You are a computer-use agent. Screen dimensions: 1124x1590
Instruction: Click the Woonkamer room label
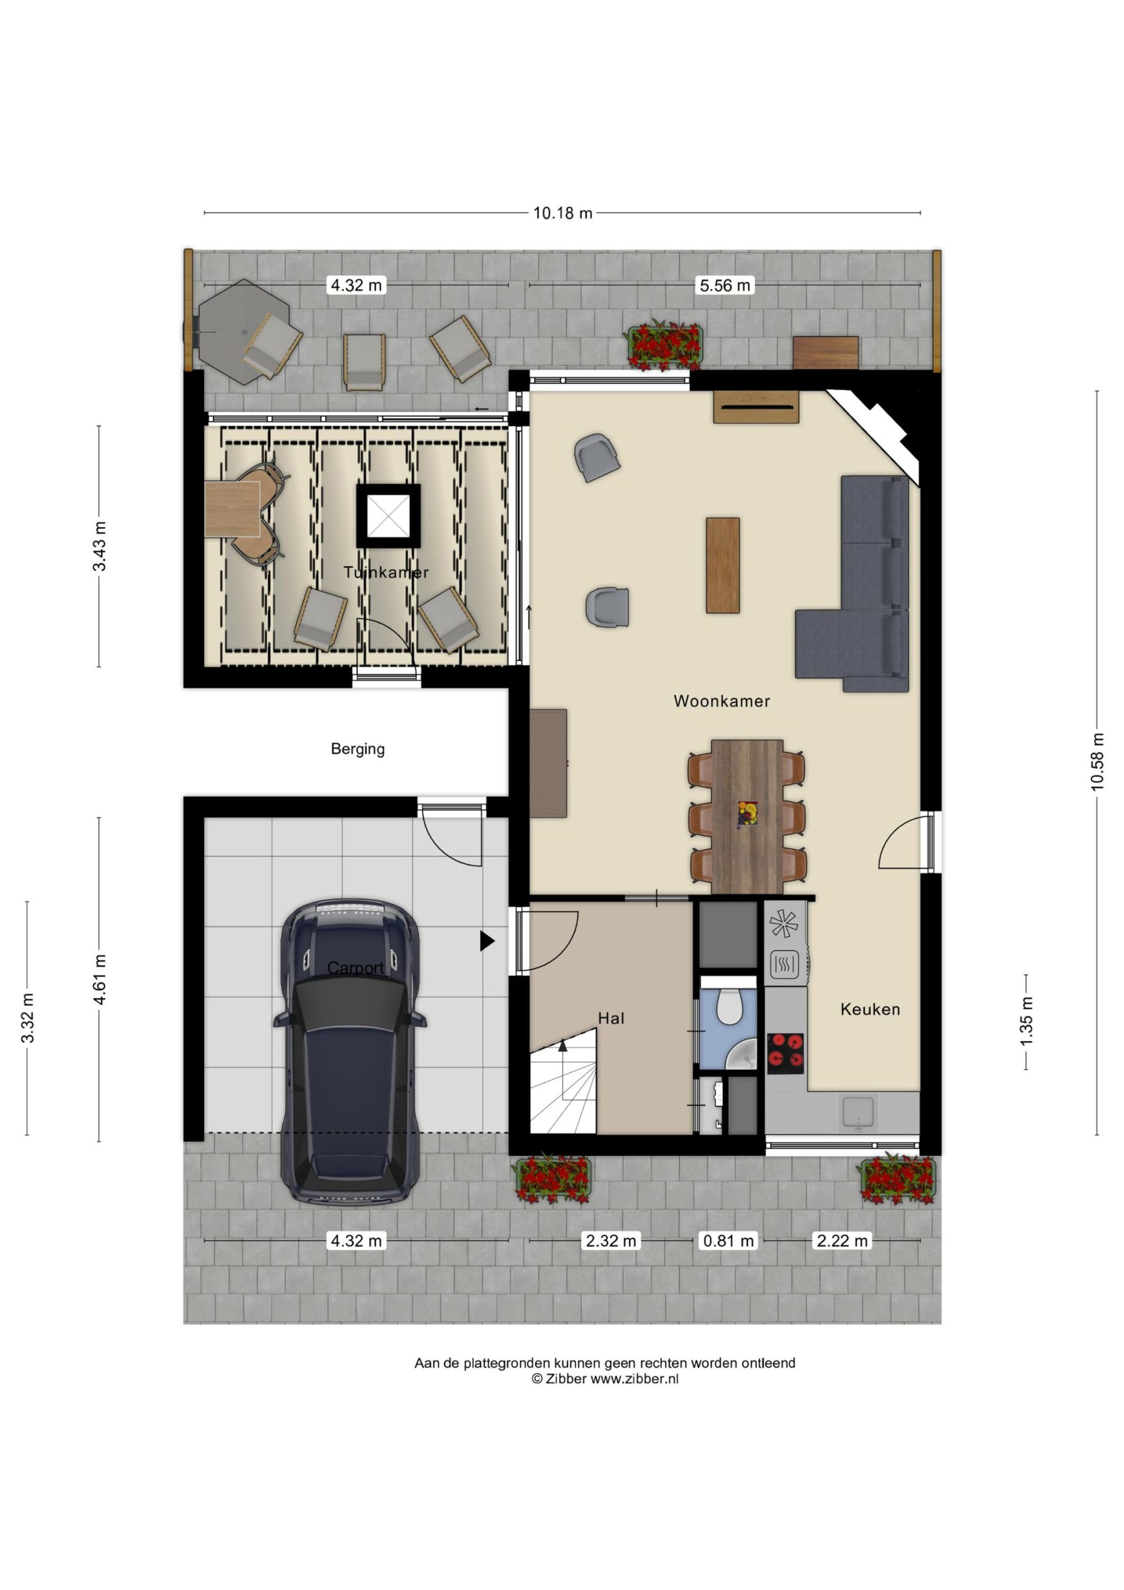[x=721, y=701]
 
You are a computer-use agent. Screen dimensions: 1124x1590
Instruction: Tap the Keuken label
[x=870, y=1009]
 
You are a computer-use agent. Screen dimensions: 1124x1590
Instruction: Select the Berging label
[x=357, y=748]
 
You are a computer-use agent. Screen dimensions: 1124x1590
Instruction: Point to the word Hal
[x=611, y=1018]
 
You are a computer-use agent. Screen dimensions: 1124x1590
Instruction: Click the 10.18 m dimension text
[x=563, y=213]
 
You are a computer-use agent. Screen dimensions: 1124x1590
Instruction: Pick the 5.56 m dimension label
[x=725, y=285]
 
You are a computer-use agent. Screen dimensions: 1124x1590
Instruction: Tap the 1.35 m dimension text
[x=1027, y=1022]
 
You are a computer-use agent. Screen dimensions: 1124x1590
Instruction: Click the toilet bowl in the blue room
[x=728, y=1006]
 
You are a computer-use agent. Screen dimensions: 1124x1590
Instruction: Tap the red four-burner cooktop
[x=786, y=1053]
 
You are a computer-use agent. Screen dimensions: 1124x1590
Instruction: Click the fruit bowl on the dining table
[x=747, y=813]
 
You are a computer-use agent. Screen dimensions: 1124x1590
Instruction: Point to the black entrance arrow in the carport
[x=487, y=940]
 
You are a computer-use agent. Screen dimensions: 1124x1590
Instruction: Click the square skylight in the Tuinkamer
[x=389, y=516]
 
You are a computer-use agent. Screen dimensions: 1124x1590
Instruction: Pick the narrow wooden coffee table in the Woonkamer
[x=722, y=565]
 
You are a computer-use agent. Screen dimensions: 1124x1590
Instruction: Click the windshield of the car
[x=349, y=1002]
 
